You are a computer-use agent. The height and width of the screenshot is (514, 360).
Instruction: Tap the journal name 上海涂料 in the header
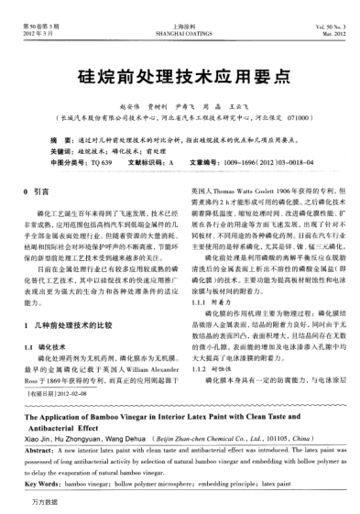coord(180,9)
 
